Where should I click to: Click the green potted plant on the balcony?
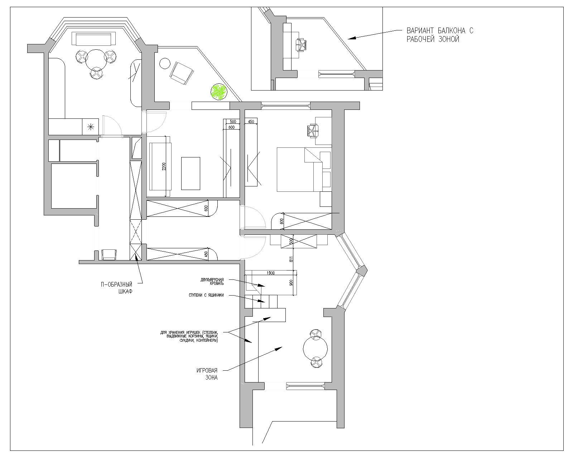[218, 92]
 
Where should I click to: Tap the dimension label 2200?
[164, 166]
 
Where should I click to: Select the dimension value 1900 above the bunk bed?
[270, 273]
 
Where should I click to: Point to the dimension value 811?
[291, 259]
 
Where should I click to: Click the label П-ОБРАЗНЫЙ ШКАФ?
[116, 288]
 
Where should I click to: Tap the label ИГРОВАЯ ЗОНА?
[207, 374]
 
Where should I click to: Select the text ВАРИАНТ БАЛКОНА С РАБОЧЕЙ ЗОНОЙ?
[440, 35]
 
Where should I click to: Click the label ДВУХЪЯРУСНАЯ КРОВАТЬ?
[212, 282]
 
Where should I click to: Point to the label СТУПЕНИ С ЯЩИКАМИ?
[206, 295]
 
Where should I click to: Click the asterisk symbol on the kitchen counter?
[91, 127]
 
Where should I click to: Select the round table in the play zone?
[315, 349]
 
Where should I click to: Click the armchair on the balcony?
[182, 73]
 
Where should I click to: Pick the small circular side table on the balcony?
[164, 63]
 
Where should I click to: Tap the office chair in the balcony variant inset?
[301, 44]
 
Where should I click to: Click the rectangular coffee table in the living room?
[191, 174]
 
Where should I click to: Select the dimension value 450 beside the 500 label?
[251, 122]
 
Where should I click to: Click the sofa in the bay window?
[93, 39]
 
